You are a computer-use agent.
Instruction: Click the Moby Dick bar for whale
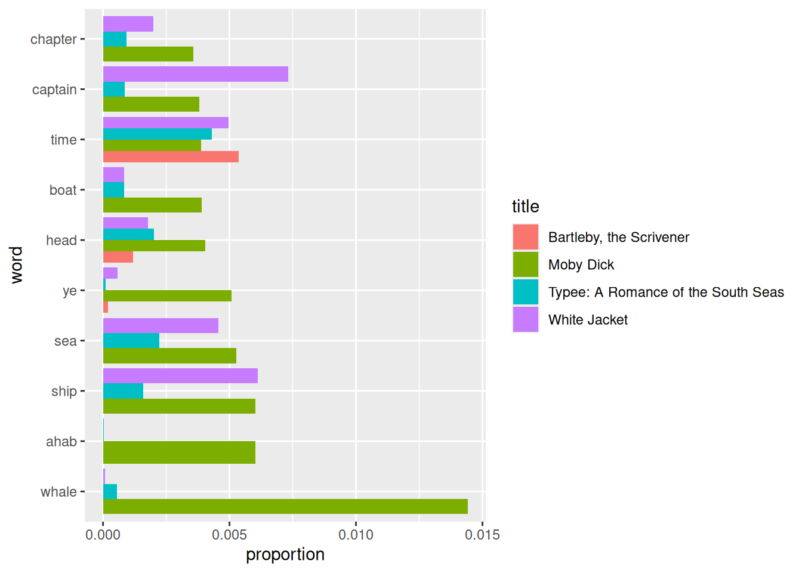(285, 507)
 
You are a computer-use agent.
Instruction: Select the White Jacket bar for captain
(196, 74)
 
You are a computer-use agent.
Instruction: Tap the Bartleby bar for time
(171, 157)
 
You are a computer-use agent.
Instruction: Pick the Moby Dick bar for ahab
(179, 452)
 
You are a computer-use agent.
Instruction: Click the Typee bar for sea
(131, 341)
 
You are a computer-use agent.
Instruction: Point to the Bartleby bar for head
(118, 257)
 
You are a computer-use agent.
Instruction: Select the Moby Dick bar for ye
(167, 296)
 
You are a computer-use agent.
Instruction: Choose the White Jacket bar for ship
(180, 376)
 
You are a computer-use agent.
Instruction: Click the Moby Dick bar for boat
(152, 205)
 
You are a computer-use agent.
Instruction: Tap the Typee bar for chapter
(115, 39)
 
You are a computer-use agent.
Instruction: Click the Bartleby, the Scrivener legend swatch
(526, 237)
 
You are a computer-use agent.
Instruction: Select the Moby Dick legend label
(581, 265)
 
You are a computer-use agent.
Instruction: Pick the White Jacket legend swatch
(526, 319)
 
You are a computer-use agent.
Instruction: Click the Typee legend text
(666, 292)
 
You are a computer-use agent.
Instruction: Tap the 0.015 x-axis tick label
(482, 535)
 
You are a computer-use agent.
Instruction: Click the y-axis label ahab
(61, 442)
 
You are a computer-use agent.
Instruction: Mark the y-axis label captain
(54, 90)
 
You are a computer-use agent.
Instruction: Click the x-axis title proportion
(285, 554)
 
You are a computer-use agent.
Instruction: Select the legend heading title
(526, 207)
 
